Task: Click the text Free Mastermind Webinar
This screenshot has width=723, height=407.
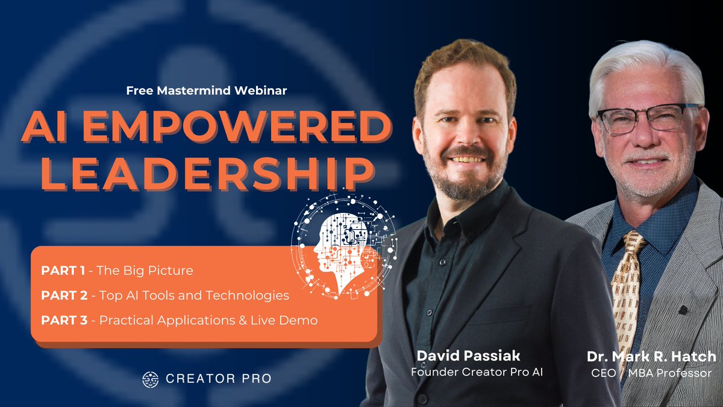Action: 206,91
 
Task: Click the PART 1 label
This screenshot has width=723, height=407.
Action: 62,271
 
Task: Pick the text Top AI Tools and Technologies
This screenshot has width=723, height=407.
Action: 194,296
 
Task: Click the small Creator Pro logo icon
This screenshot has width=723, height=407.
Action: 150,379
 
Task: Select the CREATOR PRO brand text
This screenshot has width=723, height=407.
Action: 218,379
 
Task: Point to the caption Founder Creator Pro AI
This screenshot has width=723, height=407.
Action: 477,372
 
